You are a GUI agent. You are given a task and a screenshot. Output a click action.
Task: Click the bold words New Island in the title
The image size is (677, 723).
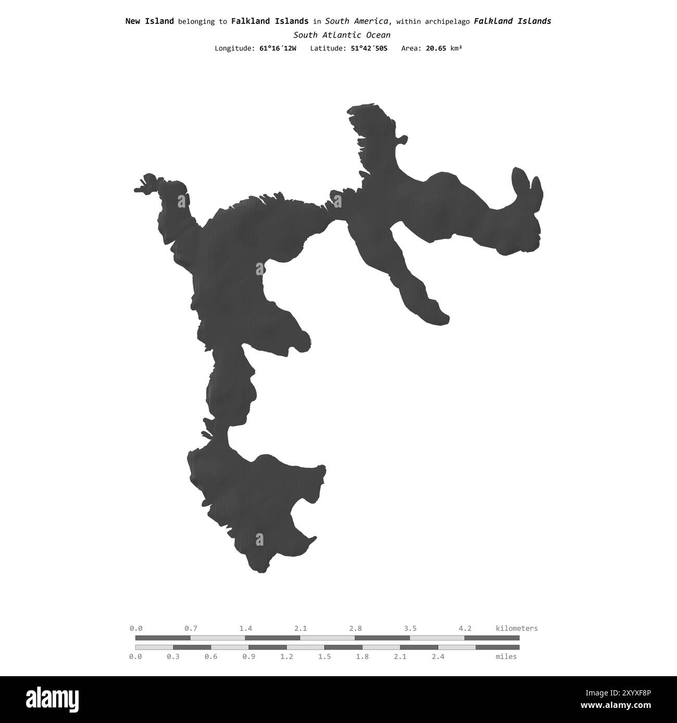point(149,21)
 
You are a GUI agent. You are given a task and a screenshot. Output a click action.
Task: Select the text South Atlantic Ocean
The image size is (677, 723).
point(342,35)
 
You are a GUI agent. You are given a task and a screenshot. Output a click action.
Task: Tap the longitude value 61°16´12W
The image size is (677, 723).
point(278,48)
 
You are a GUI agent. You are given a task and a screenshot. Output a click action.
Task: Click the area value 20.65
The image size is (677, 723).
point(436,48)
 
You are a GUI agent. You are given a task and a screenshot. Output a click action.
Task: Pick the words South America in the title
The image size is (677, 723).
point(358,21)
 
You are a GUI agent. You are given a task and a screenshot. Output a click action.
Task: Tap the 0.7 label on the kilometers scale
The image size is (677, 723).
point(191,628)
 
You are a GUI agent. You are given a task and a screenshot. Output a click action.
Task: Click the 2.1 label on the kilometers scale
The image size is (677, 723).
point(300,628)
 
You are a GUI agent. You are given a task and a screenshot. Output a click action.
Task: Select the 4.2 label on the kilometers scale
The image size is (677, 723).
point(465,628)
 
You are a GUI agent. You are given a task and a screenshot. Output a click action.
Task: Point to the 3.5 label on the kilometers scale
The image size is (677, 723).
point(410,628)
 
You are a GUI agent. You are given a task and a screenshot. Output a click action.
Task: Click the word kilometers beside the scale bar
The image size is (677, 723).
point(517,628)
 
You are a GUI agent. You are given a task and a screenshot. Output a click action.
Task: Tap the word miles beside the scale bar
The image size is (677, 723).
point(506,656)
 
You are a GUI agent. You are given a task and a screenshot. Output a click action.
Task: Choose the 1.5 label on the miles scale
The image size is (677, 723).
point(324,656)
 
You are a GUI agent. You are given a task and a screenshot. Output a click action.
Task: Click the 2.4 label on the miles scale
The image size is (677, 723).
point(438,656)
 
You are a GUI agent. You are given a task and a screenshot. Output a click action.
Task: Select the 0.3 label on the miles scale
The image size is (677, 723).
point(173,656)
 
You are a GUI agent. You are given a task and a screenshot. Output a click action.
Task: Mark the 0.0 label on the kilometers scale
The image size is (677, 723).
point(135,628)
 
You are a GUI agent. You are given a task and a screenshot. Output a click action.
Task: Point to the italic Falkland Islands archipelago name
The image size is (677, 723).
point(512,21)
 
